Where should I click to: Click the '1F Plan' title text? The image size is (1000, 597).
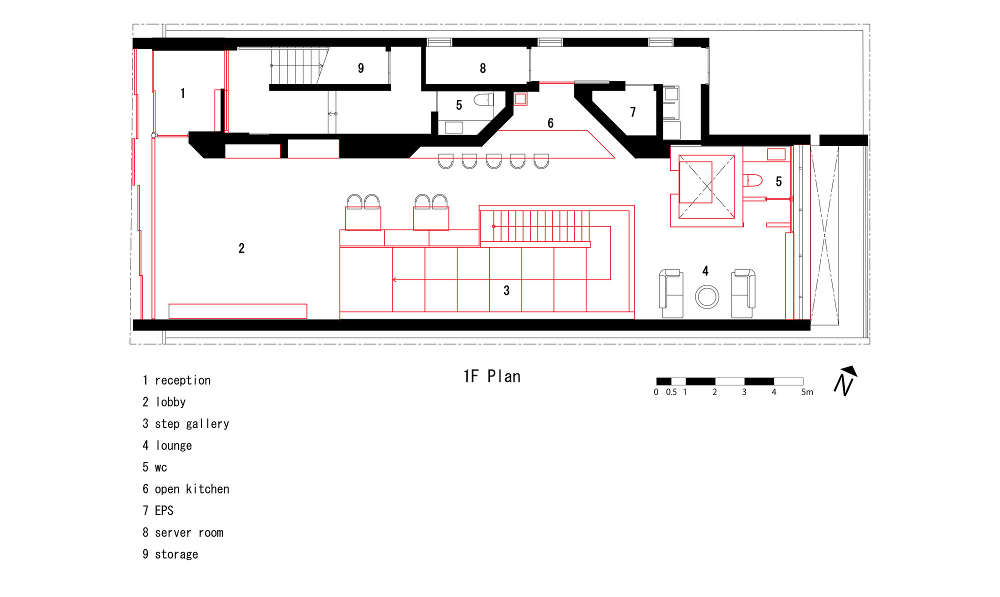coord(492,376)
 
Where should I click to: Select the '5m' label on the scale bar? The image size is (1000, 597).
coord(807,392)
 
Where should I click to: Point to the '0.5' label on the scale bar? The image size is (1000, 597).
coord(671,392)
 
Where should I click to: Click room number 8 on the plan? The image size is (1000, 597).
coord(482,68)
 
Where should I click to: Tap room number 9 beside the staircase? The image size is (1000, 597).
coord(360,68)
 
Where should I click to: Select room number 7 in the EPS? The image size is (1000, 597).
coord(632,112)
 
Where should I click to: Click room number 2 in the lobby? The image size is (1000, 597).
coord(241,248)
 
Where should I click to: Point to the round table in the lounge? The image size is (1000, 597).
coord(707,296)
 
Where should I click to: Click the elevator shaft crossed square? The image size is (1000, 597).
coord(706,186)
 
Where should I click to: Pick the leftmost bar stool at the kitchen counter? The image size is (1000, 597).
coord(445,161)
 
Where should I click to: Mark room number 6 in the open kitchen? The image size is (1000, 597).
coord(550,123)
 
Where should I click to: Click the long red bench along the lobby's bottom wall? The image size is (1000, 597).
coord(237,311)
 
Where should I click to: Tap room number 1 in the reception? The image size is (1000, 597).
coord(183,93)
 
